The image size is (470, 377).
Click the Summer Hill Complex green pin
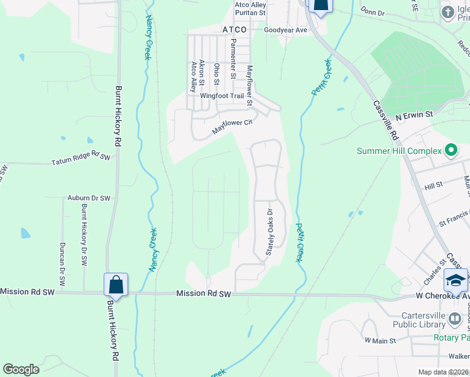[451, 151]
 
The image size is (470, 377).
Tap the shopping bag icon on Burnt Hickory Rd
[116, 284]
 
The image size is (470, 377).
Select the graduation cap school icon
[456, 280]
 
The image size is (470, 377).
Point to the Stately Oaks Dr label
[270, 231]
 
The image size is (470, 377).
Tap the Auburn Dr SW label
[89, 198]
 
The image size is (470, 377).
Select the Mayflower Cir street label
[231, 126]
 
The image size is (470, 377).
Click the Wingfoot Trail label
[221, 96]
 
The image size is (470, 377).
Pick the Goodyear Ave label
[285, 30]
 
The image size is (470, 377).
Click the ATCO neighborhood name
[234, 30]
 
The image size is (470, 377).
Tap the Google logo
[21, 369]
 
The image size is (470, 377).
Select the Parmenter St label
[233, 58]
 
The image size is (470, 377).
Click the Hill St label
[434, 187]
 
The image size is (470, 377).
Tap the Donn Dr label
[373, 12]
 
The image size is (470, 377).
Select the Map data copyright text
[443, 372]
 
